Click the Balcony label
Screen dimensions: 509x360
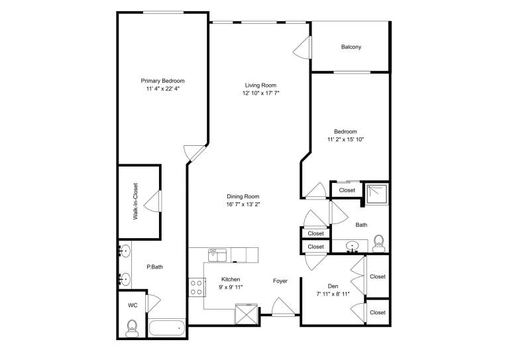[x=351, y=47]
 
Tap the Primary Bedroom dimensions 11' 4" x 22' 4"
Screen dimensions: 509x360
[x=162, y=89]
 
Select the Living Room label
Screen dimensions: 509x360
[x=260, y=86]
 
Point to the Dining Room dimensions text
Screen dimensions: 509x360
[x=243, y=204]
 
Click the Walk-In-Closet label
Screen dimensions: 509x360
[x=135, y=202]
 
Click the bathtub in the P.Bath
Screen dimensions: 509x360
[x=167, y=328]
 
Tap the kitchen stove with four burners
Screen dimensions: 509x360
[x=196, y=288]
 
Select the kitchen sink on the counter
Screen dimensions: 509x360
[x=217, y=255]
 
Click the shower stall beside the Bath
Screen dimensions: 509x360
[x=377, y=194]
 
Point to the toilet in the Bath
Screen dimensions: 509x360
[x=378, y=243]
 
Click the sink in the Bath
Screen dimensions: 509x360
[x=351, y=246]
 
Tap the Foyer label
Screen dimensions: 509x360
[x=280, y=281]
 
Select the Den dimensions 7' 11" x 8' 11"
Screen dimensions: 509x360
[x=333, y=294]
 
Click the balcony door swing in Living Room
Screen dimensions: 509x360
[x=302, y=47]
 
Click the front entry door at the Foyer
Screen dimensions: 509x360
[x=284, y=307]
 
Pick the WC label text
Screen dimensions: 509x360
[x=133, y=306]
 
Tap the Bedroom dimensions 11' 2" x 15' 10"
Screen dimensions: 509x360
[x=346, y=140]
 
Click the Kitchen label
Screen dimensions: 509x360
[x=231, y=279]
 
